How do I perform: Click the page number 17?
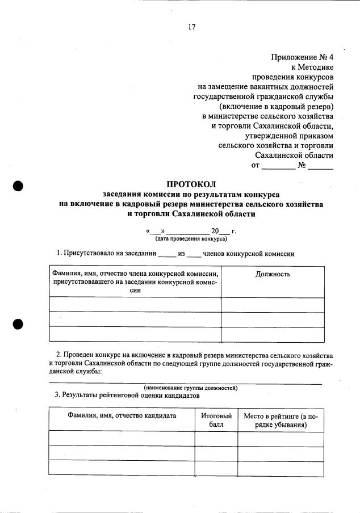coord(191,27)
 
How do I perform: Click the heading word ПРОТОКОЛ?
coord(191,183)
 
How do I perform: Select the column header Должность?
coord(273,274)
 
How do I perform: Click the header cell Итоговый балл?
coord(216,419)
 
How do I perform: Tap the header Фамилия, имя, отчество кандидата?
coord(122,415)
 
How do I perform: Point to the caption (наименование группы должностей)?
coord(190,388)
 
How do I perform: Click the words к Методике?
coord(312,66)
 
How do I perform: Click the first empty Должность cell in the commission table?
coord(273,305)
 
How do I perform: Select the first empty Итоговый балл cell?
coord(216,438)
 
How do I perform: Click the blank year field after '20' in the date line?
coord(224,232)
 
